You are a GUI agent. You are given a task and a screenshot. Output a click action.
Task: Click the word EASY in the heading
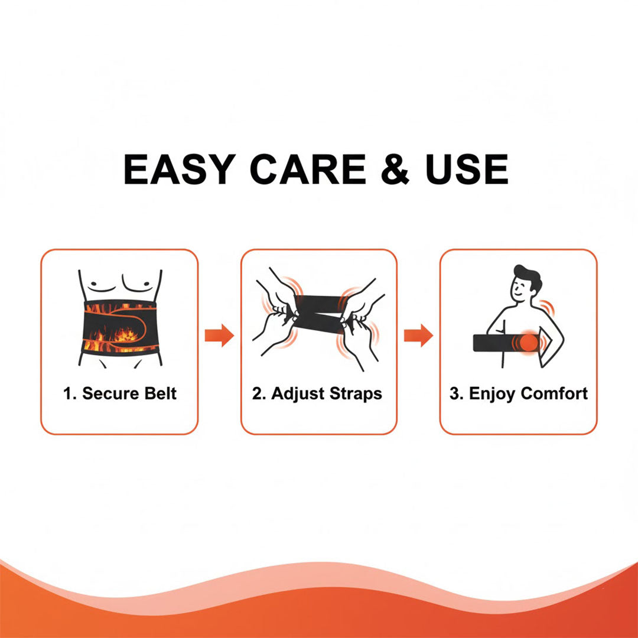point(180,169)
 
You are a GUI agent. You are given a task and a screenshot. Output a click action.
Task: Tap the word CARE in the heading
point(308,169)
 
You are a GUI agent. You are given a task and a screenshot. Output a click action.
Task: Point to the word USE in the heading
point(467,169)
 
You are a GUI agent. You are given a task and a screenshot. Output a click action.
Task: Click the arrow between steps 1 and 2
point(219,336)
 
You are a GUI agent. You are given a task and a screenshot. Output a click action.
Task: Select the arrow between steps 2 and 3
point(418,336)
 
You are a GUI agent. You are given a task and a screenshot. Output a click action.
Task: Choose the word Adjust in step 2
point(298,394)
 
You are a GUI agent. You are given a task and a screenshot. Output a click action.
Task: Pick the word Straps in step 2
point(356,394)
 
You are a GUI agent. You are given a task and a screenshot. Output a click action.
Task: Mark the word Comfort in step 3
point(554,393)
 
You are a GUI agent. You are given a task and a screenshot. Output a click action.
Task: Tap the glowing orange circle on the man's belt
point(529,343)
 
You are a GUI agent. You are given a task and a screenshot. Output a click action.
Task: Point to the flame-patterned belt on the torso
point(120,327)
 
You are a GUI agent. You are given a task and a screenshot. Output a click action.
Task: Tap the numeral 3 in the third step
point(454,393)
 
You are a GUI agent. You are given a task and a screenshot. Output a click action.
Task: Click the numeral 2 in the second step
point(256,393)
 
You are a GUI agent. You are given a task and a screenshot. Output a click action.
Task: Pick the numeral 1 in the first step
point(67,393)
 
